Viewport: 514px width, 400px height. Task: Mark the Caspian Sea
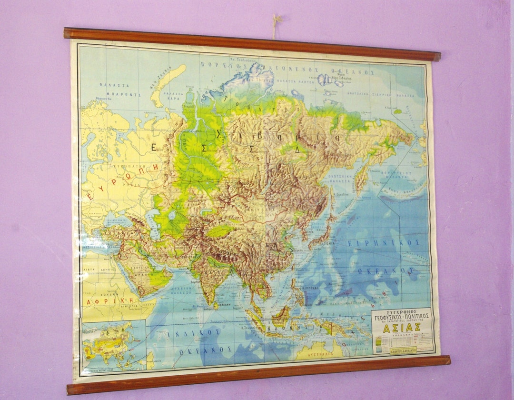[153, 224]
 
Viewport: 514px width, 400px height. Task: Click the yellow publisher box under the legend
[403, 350]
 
